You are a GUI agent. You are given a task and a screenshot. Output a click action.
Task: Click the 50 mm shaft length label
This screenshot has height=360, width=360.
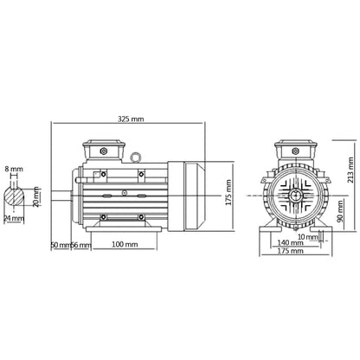59,246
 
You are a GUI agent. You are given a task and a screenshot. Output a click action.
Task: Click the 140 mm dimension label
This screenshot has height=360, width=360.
292,246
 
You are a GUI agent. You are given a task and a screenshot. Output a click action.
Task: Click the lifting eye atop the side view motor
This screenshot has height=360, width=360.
137,157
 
